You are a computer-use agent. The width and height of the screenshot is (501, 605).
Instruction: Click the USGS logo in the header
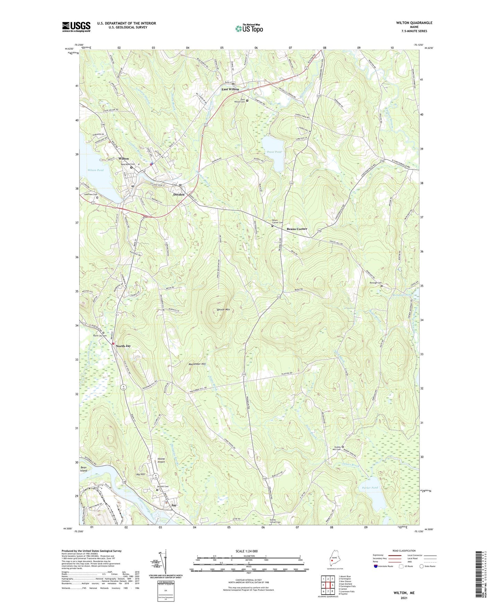pyautogui.click(x=76, y=27)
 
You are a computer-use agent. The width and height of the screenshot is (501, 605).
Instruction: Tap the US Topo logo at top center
pyautogui.click(x=249, y=28)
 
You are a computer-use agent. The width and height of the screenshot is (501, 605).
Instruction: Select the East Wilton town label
pyautogui.click(x=230, y=89)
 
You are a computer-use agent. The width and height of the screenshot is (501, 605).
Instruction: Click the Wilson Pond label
pyautogui.click(x=95, y=170)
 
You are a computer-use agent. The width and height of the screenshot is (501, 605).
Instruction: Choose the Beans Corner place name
pyautogui.click(x=297, y=229)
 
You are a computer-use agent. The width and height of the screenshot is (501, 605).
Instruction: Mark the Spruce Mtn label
pyautogui.click(x=223, y=309)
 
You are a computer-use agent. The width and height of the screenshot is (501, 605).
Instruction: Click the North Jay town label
pyautogui.click(x=123, y=346)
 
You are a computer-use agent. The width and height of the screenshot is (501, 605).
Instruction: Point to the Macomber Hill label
pyautogui.click(x=197, y=364)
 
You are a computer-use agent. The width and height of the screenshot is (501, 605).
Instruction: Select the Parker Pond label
pyautogui.click(x=370, y=488)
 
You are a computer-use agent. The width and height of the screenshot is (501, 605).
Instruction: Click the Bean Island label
pyautogui.click(x=84, y=469)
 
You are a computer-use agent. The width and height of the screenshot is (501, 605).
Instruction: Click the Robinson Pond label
pyautogui.click(x=402, y=295)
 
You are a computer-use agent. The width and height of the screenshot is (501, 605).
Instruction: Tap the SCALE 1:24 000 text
pyautogui.click(x=247, y=551)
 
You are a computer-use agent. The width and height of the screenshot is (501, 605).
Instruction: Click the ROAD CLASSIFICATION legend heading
pyautogui.click(x=404, y=551)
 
